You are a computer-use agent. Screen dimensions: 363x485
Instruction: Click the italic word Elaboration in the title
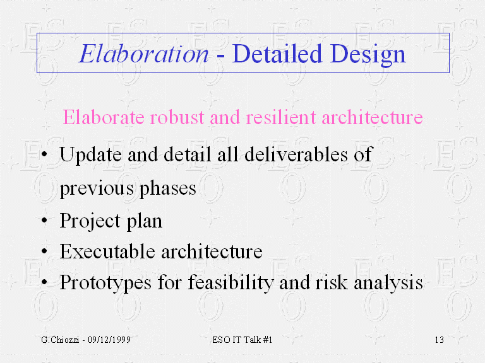click(x=143, y=54)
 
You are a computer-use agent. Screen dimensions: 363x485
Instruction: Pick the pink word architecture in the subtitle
click(x=372, y=118)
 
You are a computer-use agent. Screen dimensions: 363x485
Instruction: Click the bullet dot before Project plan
click(x=44, y=221)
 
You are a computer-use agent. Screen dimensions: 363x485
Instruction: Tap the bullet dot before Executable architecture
click(x=44, y=252)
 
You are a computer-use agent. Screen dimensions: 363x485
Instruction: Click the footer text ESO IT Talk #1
click(x=242, y=340)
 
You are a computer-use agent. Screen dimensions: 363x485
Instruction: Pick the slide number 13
click(x=440, y=340)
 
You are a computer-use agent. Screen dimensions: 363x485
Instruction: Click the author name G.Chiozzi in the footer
click(x=54, y=340)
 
